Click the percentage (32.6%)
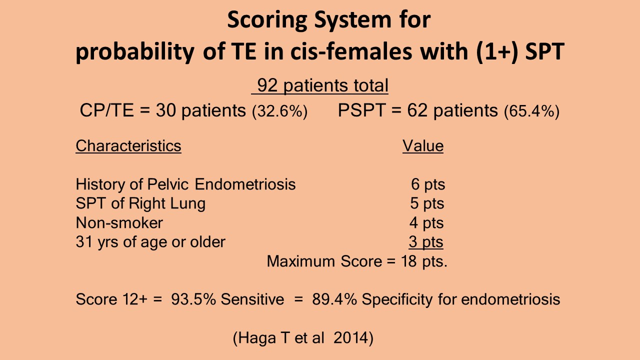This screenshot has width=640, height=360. coord(279,111)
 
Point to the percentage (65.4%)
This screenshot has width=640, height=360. coord(531,111)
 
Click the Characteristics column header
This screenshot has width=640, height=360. coord(128,145)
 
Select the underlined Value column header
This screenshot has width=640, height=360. coord(423,145)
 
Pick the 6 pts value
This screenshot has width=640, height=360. coord(428,184)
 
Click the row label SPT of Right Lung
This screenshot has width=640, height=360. coord(140,203)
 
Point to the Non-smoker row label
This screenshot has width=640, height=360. coord(119,222)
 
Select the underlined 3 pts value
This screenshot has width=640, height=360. coord(426,242)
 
